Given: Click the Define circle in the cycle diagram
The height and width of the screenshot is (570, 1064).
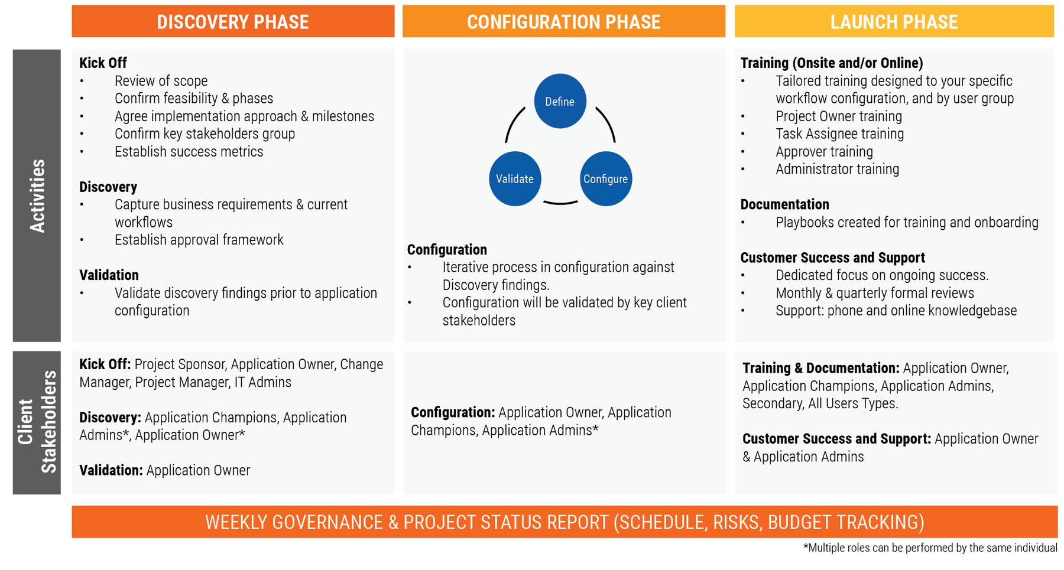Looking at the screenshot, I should pyautogui.click(x=560, y=101).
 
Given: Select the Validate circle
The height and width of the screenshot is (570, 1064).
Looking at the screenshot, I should pyautogui.click(x=515, y=178).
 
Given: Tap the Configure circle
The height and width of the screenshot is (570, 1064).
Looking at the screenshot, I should pyautogui.click(x=605, y=178).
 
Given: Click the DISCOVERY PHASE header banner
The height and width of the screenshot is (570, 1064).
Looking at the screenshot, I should pyautogui.click(x=233, y=22).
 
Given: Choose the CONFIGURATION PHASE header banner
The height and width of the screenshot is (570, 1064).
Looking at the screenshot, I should pyautogui.click(x=563, y=22).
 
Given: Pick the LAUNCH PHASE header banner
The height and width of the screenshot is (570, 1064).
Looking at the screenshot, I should pyautogui.click(x=894, y=22).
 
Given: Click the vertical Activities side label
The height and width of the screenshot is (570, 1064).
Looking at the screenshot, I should pyautogui.click(x=37, y=196).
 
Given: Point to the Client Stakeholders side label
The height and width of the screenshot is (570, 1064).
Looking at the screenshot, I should pyautogui.click(x=37, y=422).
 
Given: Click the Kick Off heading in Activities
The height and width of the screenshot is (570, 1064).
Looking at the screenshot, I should pyautogui.click(x=103, y=63).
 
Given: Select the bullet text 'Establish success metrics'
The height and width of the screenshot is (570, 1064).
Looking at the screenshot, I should pyautogui.click(x=189, y=152).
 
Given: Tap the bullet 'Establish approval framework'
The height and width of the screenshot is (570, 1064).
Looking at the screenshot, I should pyautogui.click(x=199, y=240).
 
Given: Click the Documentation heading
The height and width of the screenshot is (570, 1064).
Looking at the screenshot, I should pyautogui.click(x=784, y=204).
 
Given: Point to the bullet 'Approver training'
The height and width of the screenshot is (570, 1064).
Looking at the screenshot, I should pyautogui.click(x=824, y=152).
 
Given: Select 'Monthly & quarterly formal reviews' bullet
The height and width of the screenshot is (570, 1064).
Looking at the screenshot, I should pyautogui.click(x=874, y=293).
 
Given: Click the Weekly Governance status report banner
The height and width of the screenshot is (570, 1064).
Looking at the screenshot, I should pyautogui.click(x=564, y=522).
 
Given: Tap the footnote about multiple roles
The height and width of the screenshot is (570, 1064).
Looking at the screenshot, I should pyautogui.click(x=930, y=548).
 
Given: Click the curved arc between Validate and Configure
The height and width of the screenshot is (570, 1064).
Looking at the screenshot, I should pyautogui.click(x=560, y=203).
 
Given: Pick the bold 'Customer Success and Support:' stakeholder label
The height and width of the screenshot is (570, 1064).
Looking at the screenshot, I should pyautogui.click(x=836, y=439).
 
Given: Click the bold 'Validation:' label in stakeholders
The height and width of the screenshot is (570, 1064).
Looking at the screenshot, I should pyautogui.click(x=111, y=470).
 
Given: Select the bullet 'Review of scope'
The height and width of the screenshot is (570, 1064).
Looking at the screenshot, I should pyautogui.click(x=161, y=81).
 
